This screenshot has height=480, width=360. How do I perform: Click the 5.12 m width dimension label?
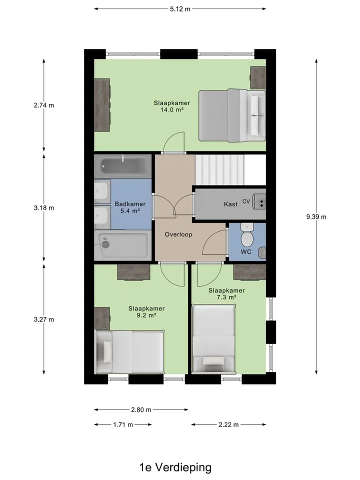tap(180, 9)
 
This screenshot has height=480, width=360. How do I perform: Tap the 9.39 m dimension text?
tap(316, 217)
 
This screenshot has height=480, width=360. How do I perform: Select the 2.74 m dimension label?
tap(44, 105)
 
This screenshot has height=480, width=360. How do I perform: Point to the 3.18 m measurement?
tap(44, 208)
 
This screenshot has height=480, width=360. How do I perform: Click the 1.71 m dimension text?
tap(123, 424)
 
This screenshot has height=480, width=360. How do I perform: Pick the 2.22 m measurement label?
tap(228, 424)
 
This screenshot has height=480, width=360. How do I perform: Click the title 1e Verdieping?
tap(175, 467)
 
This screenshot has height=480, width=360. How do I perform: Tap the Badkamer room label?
tap(130, 204)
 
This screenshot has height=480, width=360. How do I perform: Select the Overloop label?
tap(178, 234)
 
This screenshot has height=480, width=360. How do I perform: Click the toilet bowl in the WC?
tap(246, 236)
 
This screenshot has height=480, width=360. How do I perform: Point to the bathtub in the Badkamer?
tap(123, 166)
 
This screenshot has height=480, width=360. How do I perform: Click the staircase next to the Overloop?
tap(219, 169)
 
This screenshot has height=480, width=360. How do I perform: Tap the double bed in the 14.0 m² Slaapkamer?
tap(232, 115)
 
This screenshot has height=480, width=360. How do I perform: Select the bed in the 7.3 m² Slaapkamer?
tap(214, 339)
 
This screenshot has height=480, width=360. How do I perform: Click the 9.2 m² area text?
tap(146, 315)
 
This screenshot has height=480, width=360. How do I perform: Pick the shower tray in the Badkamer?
tap(123, 245)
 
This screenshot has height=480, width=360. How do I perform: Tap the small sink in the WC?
tap(261, 253)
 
